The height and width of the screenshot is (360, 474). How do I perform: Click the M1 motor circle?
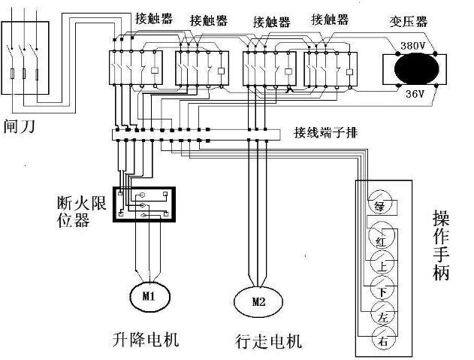point(147,295)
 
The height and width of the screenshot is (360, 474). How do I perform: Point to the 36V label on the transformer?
point(415,95)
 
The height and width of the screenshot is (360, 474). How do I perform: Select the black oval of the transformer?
point(414,69)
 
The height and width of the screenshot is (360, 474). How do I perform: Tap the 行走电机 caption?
point(268,342)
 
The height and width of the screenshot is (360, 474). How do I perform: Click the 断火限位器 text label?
point(79,210)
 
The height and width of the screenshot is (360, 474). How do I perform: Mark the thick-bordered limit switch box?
point(143,204)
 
